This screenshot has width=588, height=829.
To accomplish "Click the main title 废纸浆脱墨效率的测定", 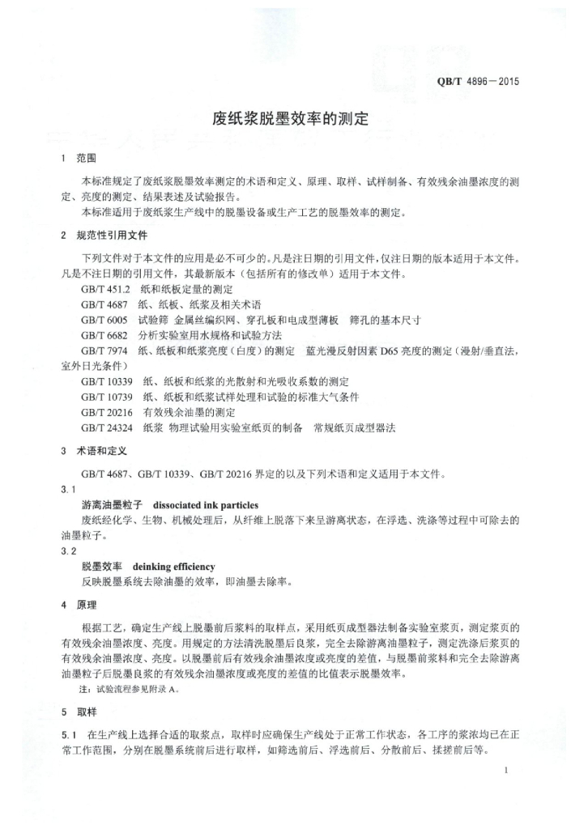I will tap(289, 119).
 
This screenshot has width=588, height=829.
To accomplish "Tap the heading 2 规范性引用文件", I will tap(104, 236).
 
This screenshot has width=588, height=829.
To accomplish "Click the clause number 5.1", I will tap(68, 735).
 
